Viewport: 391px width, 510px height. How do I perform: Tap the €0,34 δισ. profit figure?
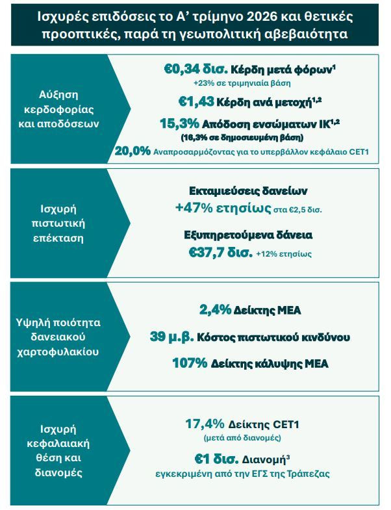click(x=195, y=69)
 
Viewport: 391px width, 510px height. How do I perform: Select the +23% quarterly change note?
click(x=242, y=83)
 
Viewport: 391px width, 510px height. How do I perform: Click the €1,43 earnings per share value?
click(x=196, y=102)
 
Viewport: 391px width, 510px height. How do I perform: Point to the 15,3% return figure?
click(x=179, y=123)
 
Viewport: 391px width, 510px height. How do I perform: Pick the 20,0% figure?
click(x=132, y=151)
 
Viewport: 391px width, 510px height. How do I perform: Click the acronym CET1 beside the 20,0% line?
click(x=359, y=151)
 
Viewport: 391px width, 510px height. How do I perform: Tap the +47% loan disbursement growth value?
click(x=194, y=208)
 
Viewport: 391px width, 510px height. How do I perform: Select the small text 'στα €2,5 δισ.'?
click(x=297, y=210)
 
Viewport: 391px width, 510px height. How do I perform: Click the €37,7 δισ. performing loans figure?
click(x=221, y=252)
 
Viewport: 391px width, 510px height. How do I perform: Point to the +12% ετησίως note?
click(x=284, y=253)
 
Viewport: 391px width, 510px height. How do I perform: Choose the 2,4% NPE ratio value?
click(x=215, y=310)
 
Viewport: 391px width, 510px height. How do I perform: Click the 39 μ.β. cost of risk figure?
click(x=171, y=337)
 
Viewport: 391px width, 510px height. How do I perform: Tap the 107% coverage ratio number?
click(x=190, y=363)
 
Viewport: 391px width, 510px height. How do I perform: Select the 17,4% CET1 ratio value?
click(x=205, y=424)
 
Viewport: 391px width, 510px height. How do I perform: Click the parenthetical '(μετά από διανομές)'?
click(x=242, y=438)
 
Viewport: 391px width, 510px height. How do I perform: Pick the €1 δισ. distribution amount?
click(x=216, y=459)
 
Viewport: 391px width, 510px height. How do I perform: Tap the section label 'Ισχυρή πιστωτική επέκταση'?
click(x=58, y=223)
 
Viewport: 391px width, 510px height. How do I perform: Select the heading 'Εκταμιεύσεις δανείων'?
click(x=248, y=191)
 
